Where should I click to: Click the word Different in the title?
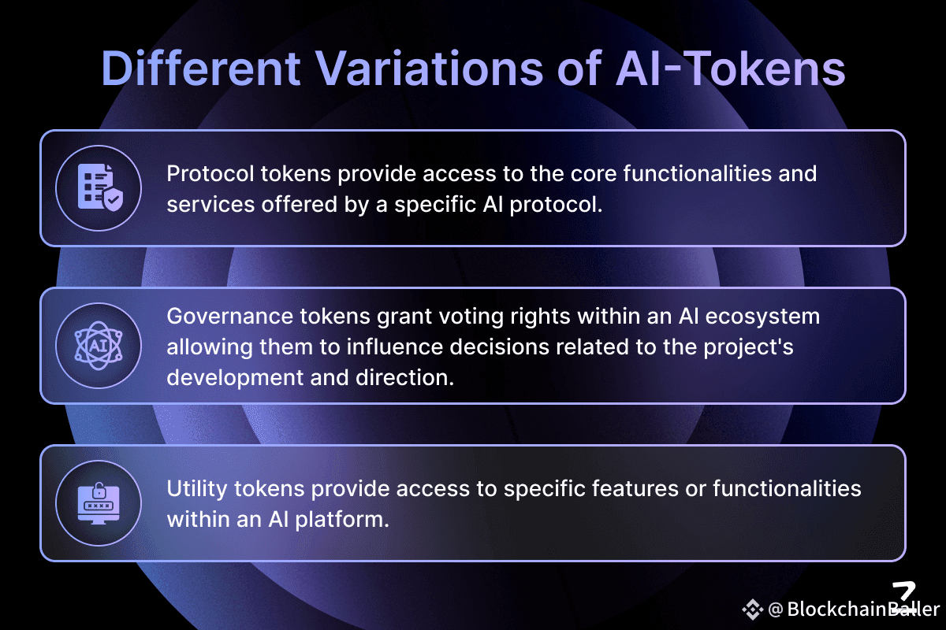(x=201, y=69)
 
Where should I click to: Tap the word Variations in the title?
(x=430, y=69)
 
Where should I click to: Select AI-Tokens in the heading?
(x=730, y=69)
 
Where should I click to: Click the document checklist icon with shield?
(x=101, y=187)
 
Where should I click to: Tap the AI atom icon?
(x=99, y=346)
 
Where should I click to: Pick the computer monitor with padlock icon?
(x=99, y=503)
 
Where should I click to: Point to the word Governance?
(x=229, y=316)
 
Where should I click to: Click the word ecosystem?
(x=762, y=317)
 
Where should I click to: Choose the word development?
(x=235, y=378)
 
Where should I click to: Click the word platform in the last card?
(x=342, y=520)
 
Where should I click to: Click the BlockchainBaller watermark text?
(x=863, y=610)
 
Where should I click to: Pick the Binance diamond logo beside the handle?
(x=753, y=610)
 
